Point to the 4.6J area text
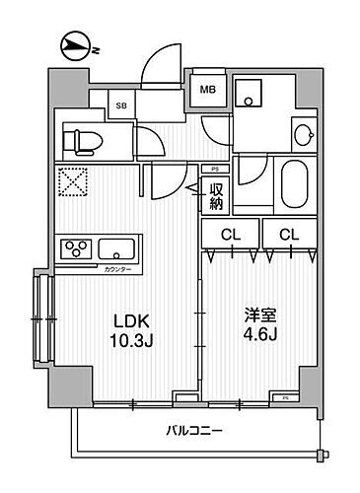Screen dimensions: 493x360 click(x=260, y=340)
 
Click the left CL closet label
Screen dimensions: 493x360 click(x=230, y=234)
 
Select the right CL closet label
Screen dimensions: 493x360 click(x=288, y=234)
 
